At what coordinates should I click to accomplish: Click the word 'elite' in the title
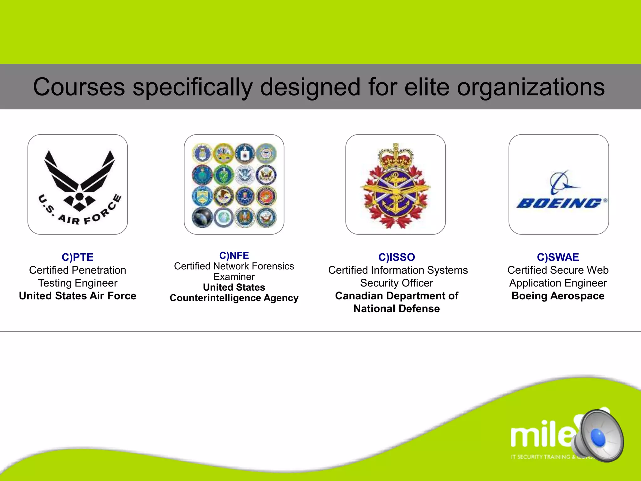point(427,87)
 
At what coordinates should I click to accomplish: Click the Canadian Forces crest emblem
point(396,186)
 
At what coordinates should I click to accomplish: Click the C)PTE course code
point(78,257)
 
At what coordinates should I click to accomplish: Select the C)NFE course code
point(234,255)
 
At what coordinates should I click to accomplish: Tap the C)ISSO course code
point(397,257)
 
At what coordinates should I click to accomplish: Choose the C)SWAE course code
point(558,257)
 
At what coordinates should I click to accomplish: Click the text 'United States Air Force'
point(78,296)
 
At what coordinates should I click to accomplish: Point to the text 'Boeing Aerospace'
point(558,296)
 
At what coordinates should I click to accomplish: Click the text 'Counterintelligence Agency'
point(234,298)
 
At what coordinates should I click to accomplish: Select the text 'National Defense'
point(397,308)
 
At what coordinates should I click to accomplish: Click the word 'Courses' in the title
point(79,87)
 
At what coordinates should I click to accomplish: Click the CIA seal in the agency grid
point(245,153)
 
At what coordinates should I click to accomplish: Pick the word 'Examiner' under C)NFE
point(234,277)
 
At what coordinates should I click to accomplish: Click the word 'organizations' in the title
point(531,87)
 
